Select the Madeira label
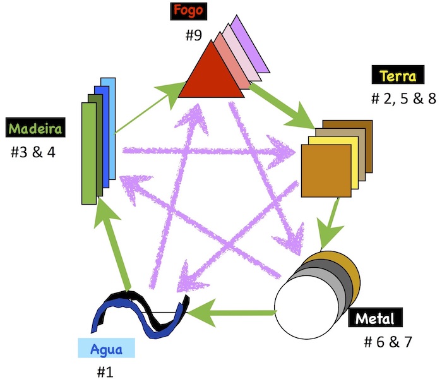(x=35, y=129)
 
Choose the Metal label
(x=374, y=318)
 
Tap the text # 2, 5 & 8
(x=404, y=99)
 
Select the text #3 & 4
(x=33, y=152)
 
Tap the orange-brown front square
(x=326, y=171)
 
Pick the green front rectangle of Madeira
(x=88, y=153)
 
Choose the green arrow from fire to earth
(x=284, y=107)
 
